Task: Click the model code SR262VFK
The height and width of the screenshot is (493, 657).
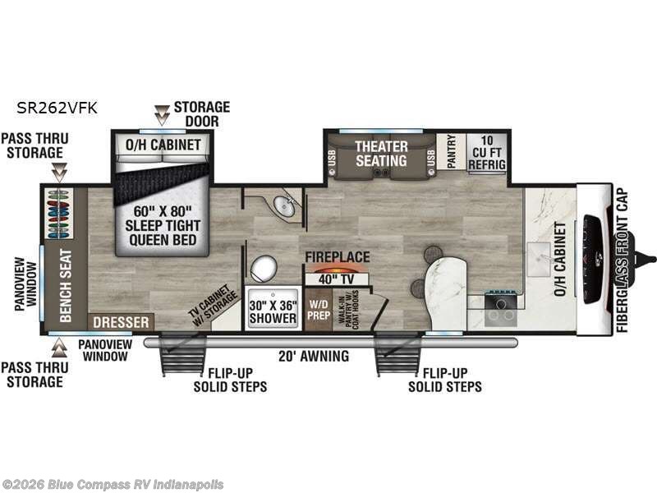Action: click(x=56, y=107)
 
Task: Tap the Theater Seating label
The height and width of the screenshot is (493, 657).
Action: click(x=381, y=154)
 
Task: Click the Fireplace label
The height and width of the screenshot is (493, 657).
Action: click(x=338, y=256)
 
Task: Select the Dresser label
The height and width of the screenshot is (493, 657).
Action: click(x=122, y=321)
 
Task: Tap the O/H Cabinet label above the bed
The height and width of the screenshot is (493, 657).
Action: click(x=163, y=145)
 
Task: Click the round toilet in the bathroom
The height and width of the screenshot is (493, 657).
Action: click(x=264, y=267)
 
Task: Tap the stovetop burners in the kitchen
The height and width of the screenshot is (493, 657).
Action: click(x=499, y=307)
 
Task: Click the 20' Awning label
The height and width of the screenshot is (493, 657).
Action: click(x=314, y=356)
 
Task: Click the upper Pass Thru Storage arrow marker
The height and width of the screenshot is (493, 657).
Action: click(x=58, y=173)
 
